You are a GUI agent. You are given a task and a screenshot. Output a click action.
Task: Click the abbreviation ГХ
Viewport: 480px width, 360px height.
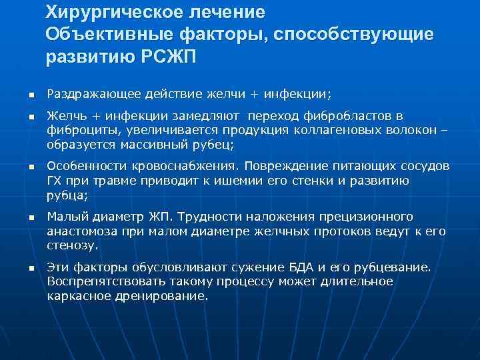tap(55, 180)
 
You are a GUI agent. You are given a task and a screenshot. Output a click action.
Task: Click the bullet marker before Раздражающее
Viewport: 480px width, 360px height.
tap(21, 94)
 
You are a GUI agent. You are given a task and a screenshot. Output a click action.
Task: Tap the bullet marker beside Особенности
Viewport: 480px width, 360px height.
tap(21, 166)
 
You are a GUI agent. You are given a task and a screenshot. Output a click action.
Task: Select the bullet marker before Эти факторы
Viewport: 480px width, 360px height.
tap(21, 268)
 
